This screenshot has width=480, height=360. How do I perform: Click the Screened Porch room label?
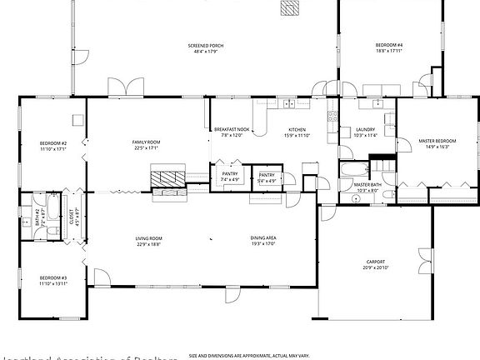[x=205, y=45]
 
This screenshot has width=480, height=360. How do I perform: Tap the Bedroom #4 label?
[x=389, y=45]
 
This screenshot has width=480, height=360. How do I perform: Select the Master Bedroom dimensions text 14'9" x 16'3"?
[x=437, y=147]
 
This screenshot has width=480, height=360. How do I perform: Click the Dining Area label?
[x=263, y=238]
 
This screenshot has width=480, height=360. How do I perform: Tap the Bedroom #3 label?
[x=53, y=277]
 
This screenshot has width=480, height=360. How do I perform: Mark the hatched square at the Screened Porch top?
[x=289, y=7]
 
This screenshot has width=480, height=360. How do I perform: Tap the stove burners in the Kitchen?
[x=287, y=103]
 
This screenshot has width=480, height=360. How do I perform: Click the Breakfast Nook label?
[x=232, y=130]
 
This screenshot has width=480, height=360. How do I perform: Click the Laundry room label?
[x=365, y=130]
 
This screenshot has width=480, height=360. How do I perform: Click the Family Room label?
[x=146, y=142]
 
